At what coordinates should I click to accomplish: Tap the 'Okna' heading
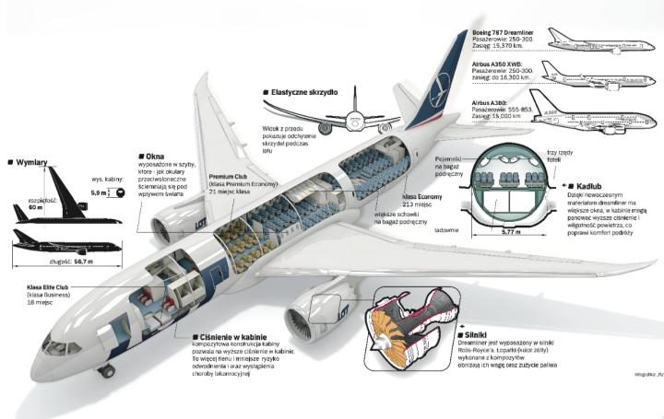[x=156, y=157]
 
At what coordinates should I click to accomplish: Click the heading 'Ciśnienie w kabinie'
[x=233, y=337]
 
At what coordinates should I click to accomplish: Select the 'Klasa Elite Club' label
[x=55, y=287]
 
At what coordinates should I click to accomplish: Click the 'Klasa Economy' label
[x=423, y=196]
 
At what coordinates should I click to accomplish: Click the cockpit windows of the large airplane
[x=57, y=348]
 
